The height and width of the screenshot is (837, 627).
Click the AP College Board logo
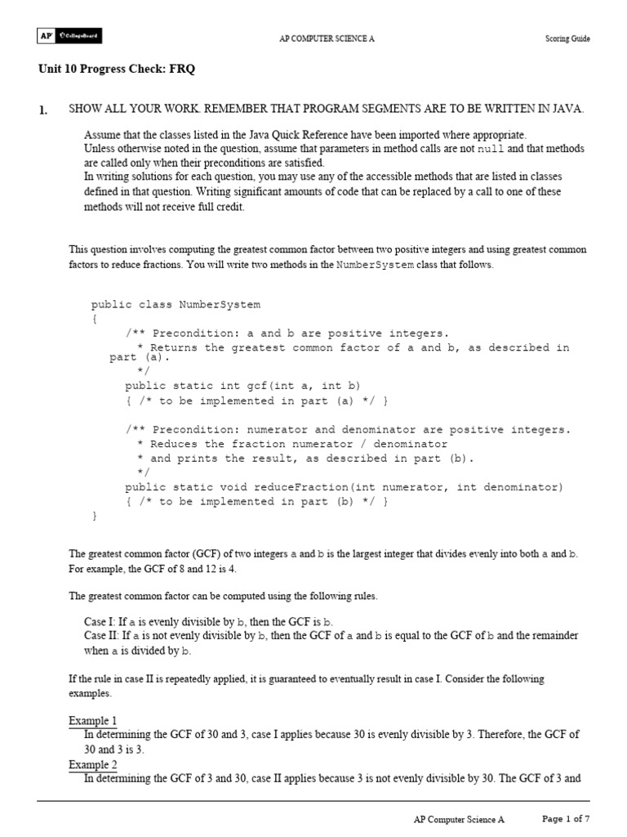pyautogui.click(x=69, y=37)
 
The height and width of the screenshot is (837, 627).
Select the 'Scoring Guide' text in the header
pyautogui.click(x=567, y=38)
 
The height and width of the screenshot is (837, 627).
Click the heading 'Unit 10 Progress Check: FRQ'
pyautogui.click(x=117, y=70)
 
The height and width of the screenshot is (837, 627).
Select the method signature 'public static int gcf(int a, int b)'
pyautogui.click(x=242, y=385)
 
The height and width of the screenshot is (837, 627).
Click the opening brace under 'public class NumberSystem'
pyautogui.click(x=94, y=319)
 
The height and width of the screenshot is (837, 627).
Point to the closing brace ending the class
pyautogui.click(x=94, y=517)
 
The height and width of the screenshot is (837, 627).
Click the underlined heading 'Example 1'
pyautogui.click(x=92, y=721)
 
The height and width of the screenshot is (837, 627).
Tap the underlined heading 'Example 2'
pyautogui.click(x=92, y=764)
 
